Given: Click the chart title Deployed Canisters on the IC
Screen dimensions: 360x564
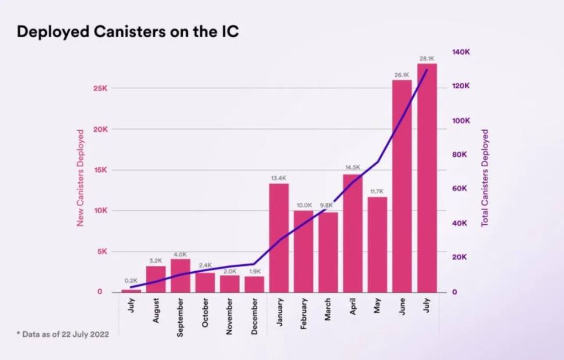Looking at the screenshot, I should [x=128, y=31].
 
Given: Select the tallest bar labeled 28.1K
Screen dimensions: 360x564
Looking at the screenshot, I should [x=427, y=177].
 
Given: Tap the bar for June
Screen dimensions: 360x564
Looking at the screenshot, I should [x=402, y=186].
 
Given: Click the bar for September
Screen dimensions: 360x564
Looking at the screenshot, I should [x=180, y=275].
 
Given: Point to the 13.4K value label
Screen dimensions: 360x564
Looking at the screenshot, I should [x=279, y=178].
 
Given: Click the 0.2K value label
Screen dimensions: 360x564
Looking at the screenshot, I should [x=131, y=281].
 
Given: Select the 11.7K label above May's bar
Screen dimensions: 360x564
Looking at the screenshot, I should [x=377, y=191].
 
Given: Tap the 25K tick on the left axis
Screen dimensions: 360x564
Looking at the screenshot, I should [x=100, y=88].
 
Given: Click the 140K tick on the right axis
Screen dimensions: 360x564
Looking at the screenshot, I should [x=461, y=52].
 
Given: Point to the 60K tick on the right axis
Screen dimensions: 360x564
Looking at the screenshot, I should [x=461, y=189].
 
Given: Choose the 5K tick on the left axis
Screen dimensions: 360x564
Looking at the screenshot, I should [x=103, y=251].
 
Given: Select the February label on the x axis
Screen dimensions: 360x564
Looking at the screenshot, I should [x=303, y=314].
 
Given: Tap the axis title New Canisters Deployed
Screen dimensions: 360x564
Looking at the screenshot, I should [x=81, y=178].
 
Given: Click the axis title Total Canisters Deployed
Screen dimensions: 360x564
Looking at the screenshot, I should [x=485, y=178].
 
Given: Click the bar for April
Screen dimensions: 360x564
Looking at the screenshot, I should [x=353, y=233].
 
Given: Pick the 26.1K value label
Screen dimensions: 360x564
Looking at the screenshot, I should [x=402, y=75].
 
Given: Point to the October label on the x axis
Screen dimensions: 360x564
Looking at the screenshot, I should [x=205, y=314].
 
